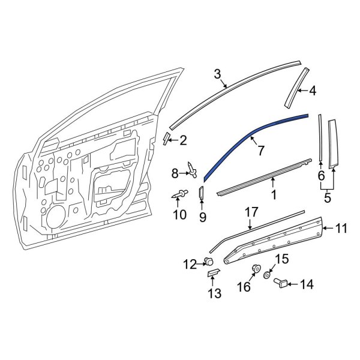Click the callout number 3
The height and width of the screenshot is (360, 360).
click(x=217, y=74)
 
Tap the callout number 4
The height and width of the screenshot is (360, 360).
click(x=312, y=91)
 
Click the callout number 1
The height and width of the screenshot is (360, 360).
click(x=274, y=194)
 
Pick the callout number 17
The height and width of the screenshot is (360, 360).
click(x=251, y=212)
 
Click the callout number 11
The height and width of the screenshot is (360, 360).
click(x=341, y=228)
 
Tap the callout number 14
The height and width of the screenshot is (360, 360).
click(x=308, y=284)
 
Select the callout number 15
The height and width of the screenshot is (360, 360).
click(x=281, y=259)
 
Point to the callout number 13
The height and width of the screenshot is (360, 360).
click(x=214, y=293)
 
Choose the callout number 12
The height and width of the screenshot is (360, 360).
click(x=190, y=263)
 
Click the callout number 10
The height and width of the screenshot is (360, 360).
click(x=179, y=214)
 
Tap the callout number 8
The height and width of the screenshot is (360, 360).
click(x=175, y=174)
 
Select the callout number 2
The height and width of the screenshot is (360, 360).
click(x=183, y=141)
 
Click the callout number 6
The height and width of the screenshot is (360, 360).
click(x=321, y=176)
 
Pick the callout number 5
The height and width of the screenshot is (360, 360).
click(x=328, y=196)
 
